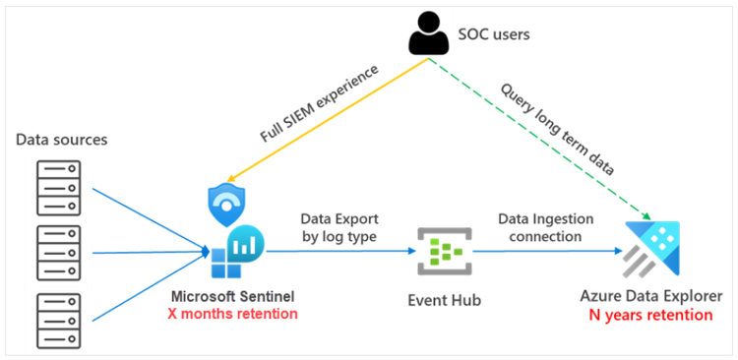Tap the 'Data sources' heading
click(61, 140)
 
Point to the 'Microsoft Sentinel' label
click(234, 297)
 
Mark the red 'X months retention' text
click(234, 315)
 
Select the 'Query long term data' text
click(557, 126)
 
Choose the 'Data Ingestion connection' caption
click(539, 227)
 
